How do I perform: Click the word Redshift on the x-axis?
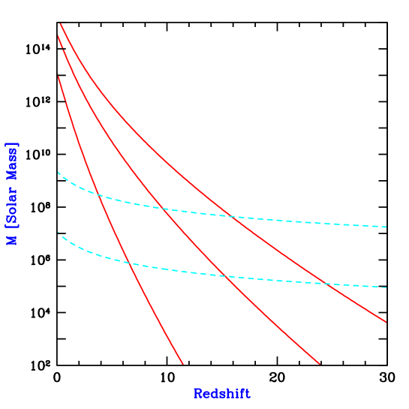(x=221, y=394)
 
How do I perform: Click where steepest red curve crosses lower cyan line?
(x=128, y=262)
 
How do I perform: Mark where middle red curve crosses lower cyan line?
(x=224, y=276)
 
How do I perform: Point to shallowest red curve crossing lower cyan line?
(x=326, y=284)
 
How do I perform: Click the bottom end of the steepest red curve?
(x=183, y=365)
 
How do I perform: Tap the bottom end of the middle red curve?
(x=320, y=365)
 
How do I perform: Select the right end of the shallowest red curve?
(x=386, y=322)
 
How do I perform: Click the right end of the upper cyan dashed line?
(x=386, y=227)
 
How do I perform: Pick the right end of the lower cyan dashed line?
(x=386, y=287)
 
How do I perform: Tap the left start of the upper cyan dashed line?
(x=59, y=173)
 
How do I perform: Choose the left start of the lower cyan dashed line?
(x=59, y=233)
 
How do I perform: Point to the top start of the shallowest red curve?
(x=60, y=24)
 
